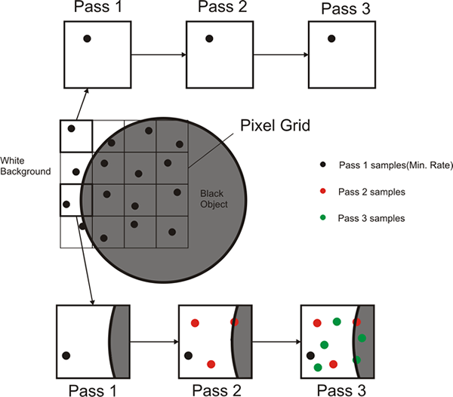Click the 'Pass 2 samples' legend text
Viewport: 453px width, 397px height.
372,192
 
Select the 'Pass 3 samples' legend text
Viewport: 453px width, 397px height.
372,218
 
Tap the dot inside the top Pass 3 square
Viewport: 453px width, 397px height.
332,38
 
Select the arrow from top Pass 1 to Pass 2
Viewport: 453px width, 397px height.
159,54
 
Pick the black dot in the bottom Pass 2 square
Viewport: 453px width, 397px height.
188,355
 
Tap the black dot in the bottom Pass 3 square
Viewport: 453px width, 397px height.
310,354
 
